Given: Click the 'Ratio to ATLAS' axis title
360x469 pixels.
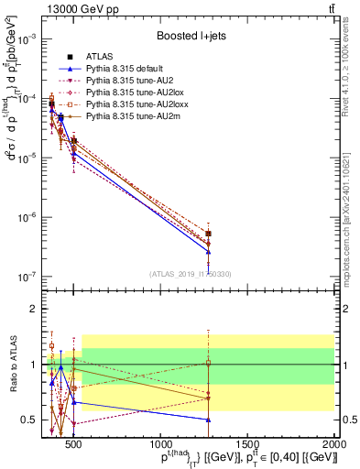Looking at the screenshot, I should coord(10,364).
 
